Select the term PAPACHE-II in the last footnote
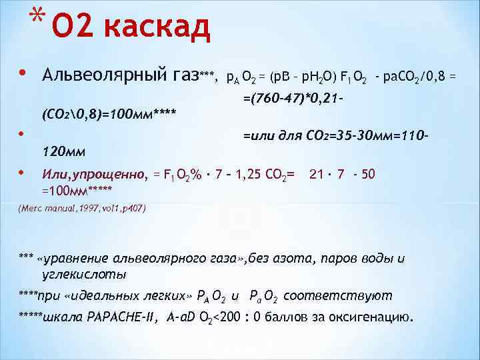click(124, 316)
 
